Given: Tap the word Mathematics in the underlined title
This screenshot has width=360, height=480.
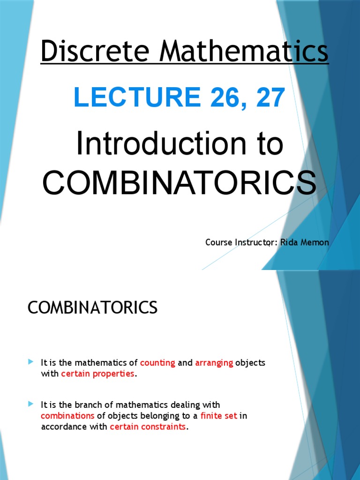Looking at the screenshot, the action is click(244, 51).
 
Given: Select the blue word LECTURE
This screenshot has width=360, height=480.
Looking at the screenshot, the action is click(137, 97).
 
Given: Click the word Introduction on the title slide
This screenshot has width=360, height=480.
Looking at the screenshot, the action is click(161, 143).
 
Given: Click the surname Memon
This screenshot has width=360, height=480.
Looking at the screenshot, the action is click(315, 242).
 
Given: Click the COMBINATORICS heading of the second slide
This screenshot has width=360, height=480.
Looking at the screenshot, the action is click(92, 307).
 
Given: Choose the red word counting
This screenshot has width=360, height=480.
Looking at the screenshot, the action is click(157, 363).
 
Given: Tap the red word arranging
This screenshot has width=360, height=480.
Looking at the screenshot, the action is click(214, 363).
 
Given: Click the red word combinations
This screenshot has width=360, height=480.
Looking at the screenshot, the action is click(67, 416).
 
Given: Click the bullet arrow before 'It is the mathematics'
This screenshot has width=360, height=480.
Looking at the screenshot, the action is click(30, 362).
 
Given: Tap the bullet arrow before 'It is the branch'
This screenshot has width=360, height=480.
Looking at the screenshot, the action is click(30, 404).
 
